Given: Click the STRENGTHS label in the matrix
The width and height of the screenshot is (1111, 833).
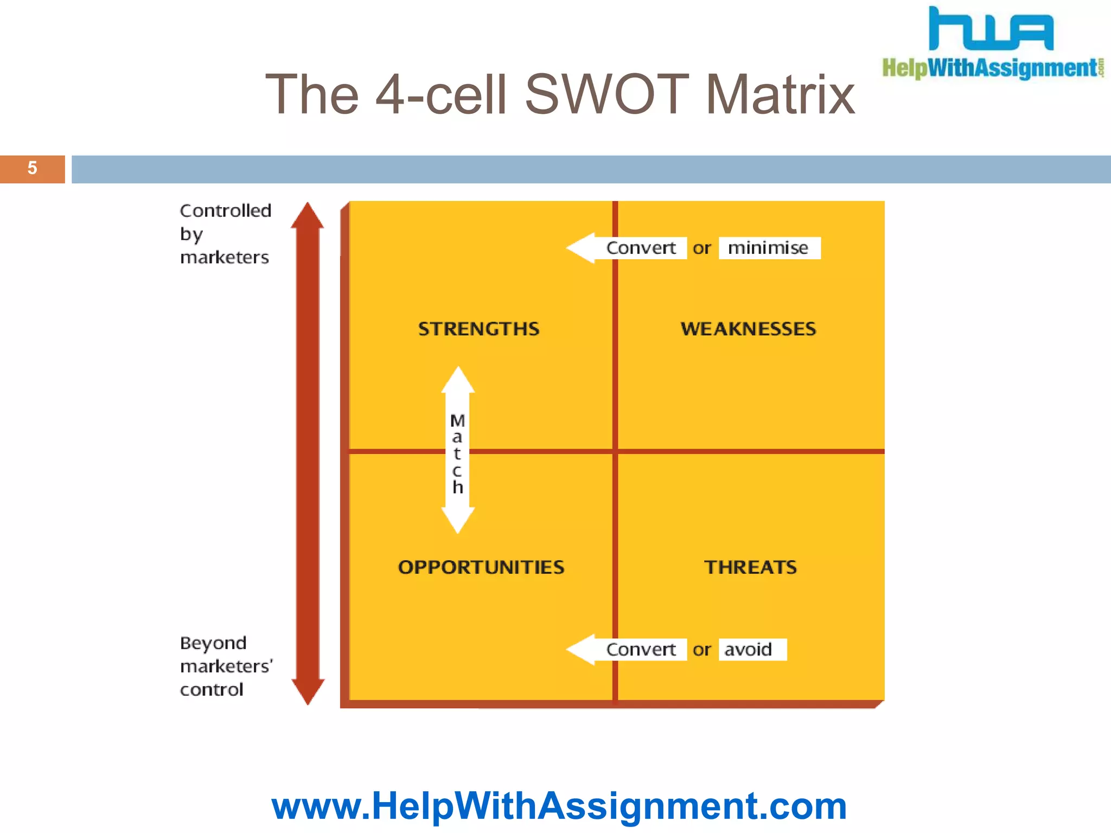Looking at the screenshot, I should point(478,329).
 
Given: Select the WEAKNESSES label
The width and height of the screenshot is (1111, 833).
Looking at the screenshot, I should point(748,329).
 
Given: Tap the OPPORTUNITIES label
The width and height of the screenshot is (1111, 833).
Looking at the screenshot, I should point(481,567).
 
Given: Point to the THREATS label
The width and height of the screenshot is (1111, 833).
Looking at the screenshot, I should point(750,567).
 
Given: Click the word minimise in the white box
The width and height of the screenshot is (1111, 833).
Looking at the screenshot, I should point(768,248).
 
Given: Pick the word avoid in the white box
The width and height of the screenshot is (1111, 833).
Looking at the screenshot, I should point(748,649).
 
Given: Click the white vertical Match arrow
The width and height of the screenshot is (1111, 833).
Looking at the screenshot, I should point(458,450).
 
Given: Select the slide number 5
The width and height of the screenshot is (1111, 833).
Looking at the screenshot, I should point(33,168).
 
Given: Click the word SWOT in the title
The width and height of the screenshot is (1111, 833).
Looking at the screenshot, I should point(606,95).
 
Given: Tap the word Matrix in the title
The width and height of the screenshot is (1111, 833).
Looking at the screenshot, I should point(780,95).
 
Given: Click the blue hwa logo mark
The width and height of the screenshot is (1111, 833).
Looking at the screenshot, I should point(991,30).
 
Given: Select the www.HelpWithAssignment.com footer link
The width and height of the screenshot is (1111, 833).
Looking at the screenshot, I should point(559,806).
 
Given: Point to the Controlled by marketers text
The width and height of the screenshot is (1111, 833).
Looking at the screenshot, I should point(225,234).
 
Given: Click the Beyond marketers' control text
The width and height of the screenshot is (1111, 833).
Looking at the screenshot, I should point(226,666).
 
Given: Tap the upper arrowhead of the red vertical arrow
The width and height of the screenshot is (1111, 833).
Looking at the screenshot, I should point(308,216).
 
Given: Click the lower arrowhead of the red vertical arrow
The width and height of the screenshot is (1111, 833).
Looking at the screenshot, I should point(308,691).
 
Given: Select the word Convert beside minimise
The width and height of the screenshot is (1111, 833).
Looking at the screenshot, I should point(641,248).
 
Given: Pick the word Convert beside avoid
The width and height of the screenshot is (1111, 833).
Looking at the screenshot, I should point(641,649).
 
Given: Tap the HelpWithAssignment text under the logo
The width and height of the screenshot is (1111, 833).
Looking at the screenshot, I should point(990,68).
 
